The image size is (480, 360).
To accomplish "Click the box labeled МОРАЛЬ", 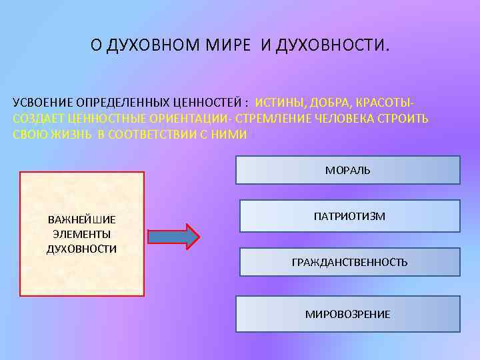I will pyautogui.click(x=347, y=170).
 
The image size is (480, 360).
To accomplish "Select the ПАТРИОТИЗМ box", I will pyautogui.click(x=349, y=216).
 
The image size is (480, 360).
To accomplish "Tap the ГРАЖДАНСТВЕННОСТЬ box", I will pyautogui.click(x=349, y=262).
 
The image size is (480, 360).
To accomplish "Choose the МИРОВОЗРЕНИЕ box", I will pyautogui.click(x=347, y=314).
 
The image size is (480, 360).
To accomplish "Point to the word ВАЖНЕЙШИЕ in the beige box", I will pyautogui.click(x=82, y=219).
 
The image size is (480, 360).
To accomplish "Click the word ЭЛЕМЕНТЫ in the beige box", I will pyautogui.click(x=82, y=234).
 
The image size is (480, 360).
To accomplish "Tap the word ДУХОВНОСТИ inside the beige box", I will pyautogui.click(x=82, y=249).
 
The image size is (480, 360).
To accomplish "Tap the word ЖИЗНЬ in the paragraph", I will pyautogui.click(x=71, y=133).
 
